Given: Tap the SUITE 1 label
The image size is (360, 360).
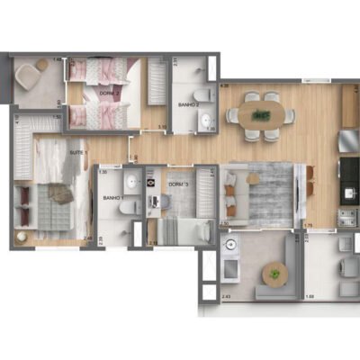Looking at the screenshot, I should tap(79, 153).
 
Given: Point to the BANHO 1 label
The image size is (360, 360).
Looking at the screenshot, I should tap(112, 198).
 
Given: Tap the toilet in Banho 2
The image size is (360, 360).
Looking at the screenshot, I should tap(203, 94).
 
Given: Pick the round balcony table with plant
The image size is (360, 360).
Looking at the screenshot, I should tap(273, 273).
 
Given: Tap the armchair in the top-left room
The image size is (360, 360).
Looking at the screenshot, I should tap(34, 73).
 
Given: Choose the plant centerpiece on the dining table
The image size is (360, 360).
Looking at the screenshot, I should tap(261, 115).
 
